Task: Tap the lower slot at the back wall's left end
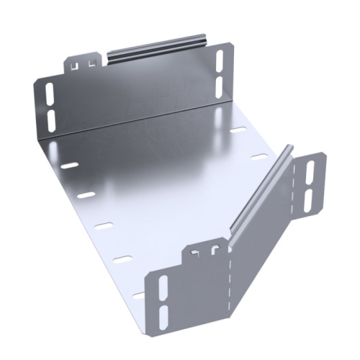pyautogui.click(x=50, y=117)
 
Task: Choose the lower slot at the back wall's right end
pyautogui.click(x=220, y=85)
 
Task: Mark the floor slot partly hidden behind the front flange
pyautogui.click(x=139, y=294)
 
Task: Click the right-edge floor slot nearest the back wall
pyautogui.click(x=238, y=132)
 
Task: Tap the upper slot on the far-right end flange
pyautogui.click(x=310, y=171)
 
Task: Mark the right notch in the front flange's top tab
pyautogui.click(x=214, y=250)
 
